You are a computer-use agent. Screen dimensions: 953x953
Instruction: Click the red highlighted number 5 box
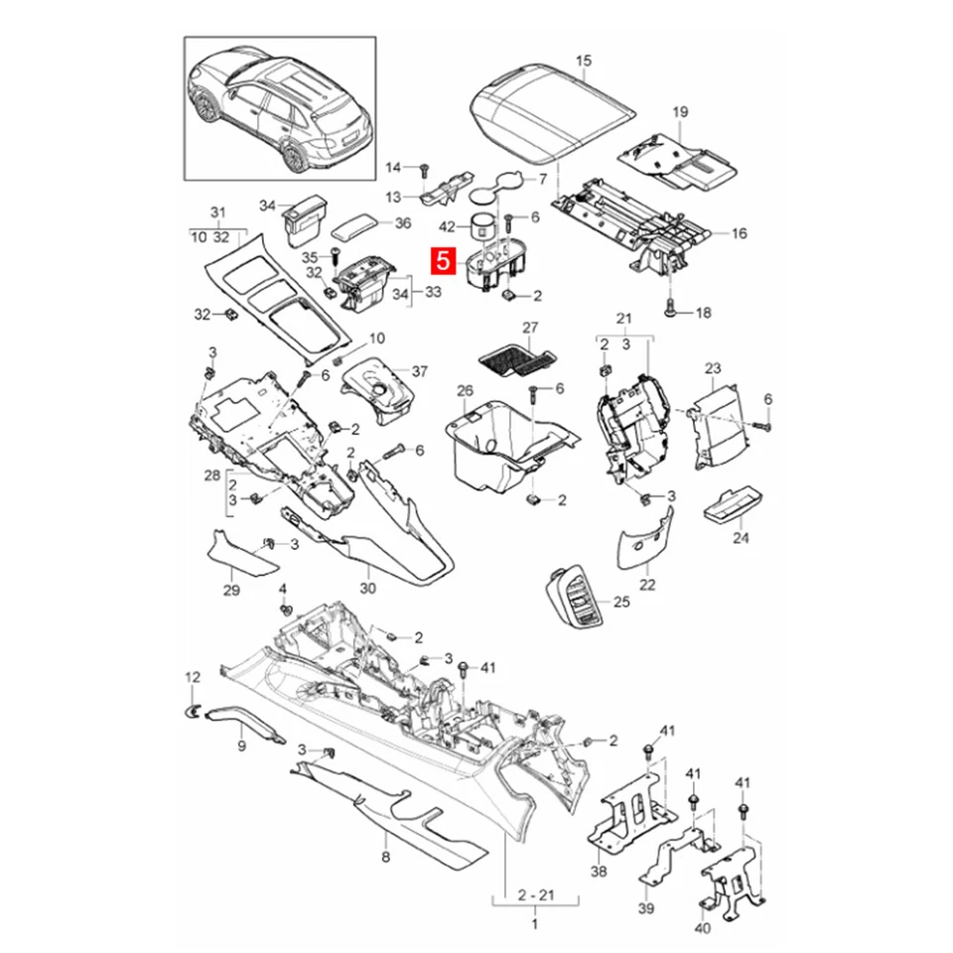coord(442,262)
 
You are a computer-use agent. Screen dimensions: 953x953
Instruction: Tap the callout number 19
coord(680,112)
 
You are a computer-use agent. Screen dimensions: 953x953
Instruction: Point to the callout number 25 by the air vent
coord(621,602)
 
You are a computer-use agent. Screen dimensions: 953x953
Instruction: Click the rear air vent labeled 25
coord(575,596)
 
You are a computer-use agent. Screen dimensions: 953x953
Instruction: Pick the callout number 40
coord(703,927)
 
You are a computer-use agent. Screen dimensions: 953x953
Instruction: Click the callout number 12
coord(193,677)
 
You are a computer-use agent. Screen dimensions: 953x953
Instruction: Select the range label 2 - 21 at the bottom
coord(534,895)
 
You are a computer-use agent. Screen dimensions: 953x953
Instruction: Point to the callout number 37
coord(419,371)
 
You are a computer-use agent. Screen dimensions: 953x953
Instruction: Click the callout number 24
coord(741,537)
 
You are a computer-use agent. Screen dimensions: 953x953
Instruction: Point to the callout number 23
coord(713,368)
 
